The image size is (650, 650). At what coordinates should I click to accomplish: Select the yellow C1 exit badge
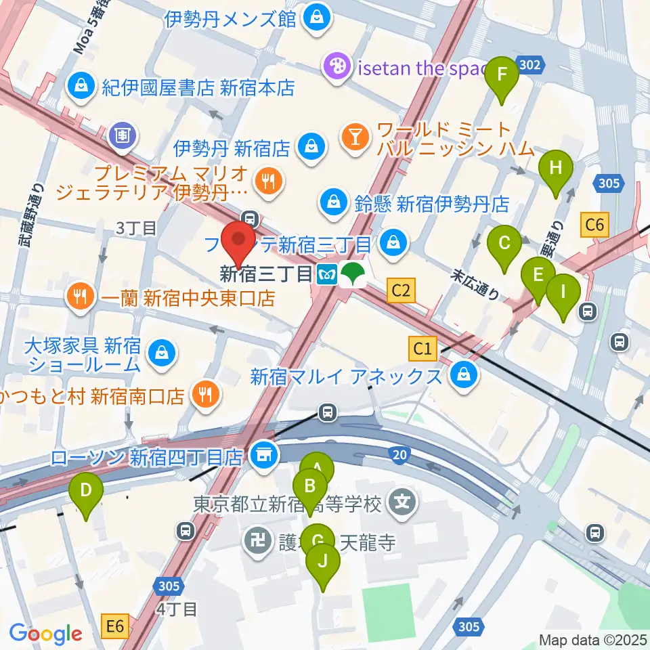click(422, 349)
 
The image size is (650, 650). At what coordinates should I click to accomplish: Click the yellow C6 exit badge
click(595, 225)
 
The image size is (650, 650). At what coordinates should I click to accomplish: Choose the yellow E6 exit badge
click(114, 626)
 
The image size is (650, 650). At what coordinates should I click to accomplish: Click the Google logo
click(45, 634)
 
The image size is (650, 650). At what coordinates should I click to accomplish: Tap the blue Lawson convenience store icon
click(261, 455)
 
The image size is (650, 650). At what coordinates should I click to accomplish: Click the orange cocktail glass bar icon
click(353, 137)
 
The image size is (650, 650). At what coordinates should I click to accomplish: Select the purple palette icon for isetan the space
click(334, 66)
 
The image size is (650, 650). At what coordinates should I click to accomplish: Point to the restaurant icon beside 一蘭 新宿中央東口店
click(80, 295)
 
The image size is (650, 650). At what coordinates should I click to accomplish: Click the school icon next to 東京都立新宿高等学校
click(404, 502)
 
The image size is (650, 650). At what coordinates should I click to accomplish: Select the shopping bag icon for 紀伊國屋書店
click(81, 86)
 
